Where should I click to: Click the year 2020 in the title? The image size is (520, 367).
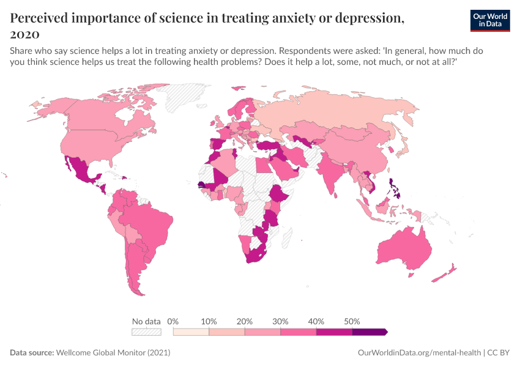pos(24,34)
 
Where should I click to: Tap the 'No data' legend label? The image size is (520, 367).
pos(146,321)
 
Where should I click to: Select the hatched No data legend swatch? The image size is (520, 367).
pos(146,332)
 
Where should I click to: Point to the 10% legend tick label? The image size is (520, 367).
pos(209,321)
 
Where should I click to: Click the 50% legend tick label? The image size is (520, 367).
pos(352,321)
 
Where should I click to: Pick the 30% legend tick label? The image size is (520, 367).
pos(280,321)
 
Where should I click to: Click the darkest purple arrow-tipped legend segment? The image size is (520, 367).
pos(369,332)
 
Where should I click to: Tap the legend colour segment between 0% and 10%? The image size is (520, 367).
pos(191,332)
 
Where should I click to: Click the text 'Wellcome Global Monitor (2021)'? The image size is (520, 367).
pos(113,353)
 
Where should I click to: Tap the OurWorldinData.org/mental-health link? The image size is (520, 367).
pos(419,353)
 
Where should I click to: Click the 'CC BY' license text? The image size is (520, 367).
pos(499,353)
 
